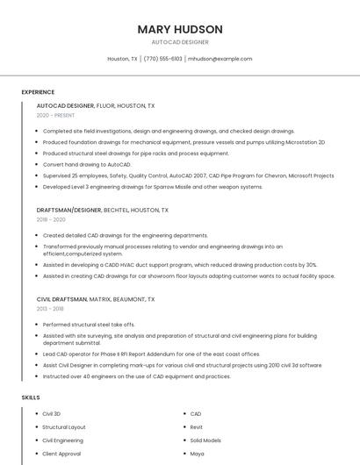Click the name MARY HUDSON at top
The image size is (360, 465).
click(180, 29)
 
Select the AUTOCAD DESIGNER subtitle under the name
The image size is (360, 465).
click(180, 42)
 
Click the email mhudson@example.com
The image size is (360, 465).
click(220, 59)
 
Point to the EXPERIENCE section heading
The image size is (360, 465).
click(38, 92)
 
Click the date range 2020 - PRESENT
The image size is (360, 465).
click(55, 115)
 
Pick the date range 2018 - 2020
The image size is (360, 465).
click(50, 219)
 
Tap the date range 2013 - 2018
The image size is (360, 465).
click(50, 309)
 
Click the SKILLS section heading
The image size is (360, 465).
click(30, 397)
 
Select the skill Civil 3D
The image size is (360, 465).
click(52, 413)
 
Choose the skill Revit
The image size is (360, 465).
click(197, 427)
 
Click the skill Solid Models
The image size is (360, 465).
click(205, 440)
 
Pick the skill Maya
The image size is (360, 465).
click(197, 454)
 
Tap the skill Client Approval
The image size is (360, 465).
click(61, 454)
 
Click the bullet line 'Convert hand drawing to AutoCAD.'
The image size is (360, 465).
click(87, 164)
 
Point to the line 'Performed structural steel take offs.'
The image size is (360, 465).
click(90, 325)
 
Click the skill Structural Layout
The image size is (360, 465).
click(64, 427)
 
